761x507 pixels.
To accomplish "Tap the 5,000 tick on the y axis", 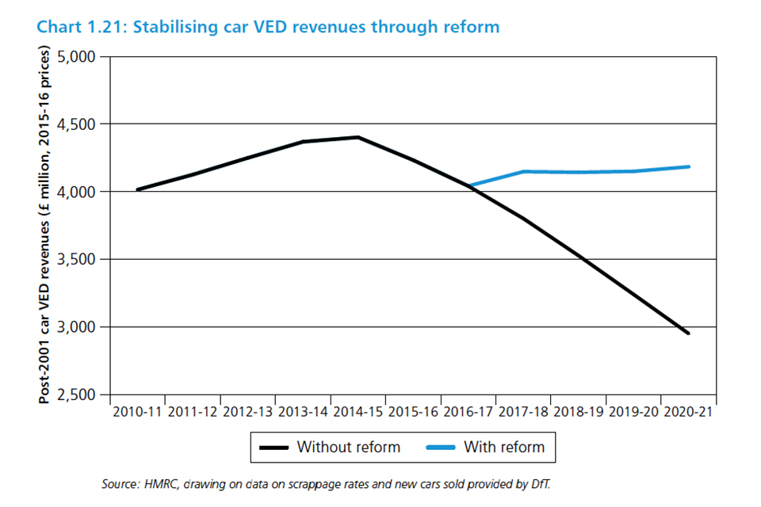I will click(x=82, y=57).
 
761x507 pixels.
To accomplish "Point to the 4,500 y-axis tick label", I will click(x=82, y=124).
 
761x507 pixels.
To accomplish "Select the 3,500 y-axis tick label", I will click(x=82, y=260).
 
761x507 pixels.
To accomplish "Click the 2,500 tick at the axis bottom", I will click(x=82, y=395).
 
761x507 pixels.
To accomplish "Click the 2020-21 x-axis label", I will click(x=688, y=412).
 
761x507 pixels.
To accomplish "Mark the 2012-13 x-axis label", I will click(x=248, y=412).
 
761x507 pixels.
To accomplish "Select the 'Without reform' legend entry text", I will click(x=349, y=447).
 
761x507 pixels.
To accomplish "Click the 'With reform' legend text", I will click(x=504, y=447).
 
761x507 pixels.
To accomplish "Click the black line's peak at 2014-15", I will click(x=358, y=137).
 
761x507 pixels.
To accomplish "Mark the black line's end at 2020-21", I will click(x=688, y=333).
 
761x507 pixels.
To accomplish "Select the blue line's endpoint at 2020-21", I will click(x=688, y=166).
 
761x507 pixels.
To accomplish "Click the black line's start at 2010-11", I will click(x=138, y=189).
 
